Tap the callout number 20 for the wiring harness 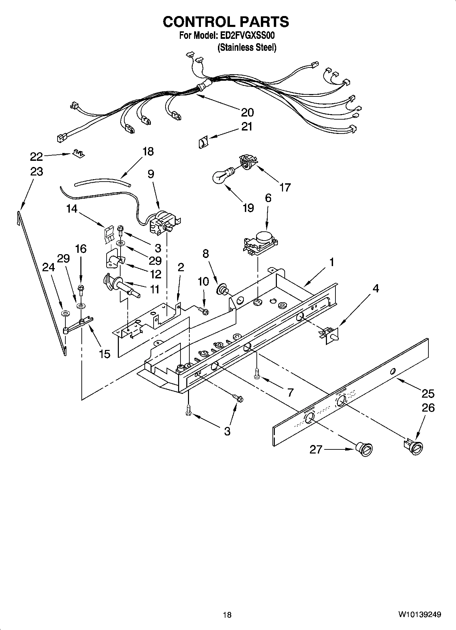click(247, 112)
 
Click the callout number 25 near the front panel click(428, 394)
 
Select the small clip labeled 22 click(78, 154)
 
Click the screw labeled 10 click(204, 310)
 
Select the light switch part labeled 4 click(329, 335)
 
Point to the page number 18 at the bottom click(227, 615)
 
